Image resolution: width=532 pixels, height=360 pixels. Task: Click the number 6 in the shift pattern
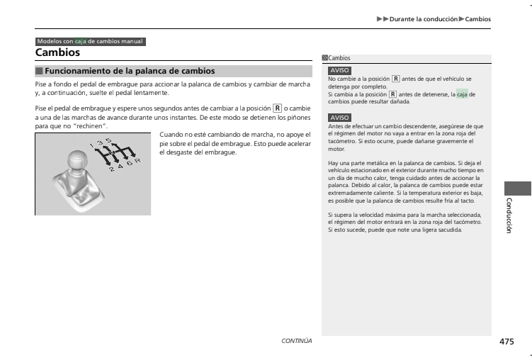(128, 162)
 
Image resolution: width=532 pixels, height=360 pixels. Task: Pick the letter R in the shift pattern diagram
(137, 159)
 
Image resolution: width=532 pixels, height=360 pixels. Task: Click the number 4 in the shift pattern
(120, 167)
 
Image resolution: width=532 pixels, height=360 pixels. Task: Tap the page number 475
(506, 342)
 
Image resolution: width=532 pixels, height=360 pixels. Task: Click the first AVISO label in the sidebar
(339, 72)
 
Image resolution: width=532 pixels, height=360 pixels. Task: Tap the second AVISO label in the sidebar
(339, 118)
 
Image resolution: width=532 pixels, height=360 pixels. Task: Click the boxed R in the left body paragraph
(277, 108)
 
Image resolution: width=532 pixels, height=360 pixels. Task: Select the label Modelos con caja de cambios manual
(90, 42)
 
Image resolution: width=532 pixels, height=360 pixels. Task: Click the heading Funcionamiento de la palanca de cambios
(129, 71)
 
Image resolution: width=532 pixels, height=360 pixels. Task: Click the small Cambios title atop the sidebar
(339, 59)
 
